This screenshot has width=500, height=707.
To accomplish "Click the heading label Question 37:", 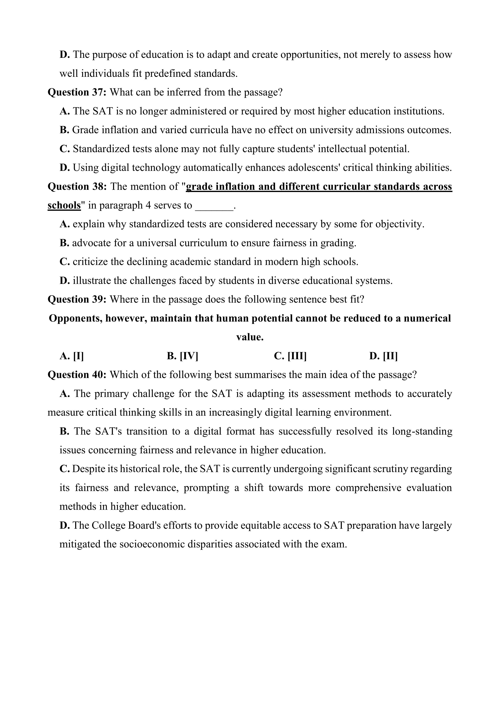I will [x=77, y=92].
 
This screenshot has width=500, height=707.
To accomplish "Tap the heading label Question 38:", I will [x=77, y=186].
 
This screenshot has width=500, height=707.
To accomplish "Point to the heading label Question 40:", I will [x=77, y=375].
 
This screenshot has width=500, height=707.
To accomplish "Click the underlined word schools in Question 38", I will [x=64, y=205].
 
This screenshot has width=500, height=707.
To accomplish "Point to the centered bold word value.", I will [x=250, y=337].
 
